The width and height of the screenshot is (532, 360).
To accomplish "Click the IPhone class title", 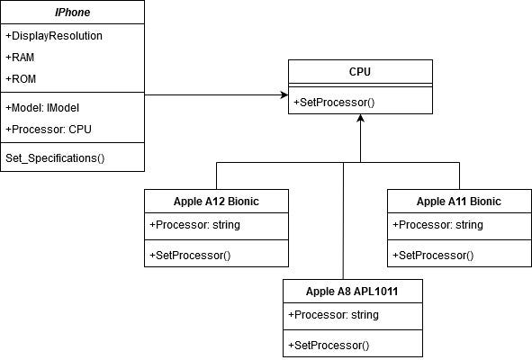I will point(71,12).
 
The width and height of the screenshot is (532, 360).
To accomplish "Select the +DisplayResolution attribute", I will point(53,36).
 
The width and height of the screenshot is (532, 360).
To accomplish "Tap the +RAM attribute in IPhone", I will point(21,57).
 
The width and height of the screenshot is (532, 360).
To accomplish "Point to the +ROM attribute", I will point(21,77).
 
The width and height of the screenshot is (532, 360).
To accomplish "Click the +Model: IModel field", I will point(41,107).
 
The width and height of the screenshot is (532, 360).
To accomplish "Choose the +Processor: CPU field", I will point(48,128).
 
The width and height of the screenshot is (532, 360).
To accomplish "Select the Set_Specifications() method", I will point(55,158).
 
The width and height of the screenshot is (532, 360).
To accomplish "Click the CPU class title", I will point(360,70).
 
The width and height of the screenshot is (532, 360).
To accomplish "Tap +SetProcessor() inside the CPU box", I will point(334,102).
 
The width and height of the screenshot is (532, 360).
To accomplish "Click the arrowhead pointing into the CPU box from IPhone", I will point(283,94).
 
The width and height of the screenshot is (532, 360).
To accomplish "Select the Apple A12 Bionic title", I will point(216,201).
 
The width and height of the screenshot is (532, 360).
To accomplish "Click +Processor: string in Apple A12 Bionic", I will point(194,224).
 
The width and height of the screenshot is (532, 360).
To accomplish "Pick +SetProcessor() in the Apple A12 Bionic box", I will point(190,255).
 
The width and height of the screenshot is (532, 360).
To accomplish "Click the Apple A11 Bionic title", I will point(459,201).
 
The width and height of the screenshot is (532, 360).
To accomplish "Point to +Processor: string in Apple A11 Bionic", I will point(437,224).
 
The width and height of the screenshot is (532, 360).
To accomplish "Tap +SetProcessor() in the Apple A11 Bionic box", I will point(433,255).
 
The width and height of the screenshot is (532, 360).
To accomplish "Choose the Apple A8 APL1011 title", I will point(351,291).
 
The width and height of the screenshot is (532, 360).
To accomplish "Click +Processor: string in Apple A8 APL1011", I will point(333,314).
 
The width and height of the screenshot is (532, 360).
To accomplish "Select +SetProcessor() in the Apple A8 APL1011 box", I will point(329,345).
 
